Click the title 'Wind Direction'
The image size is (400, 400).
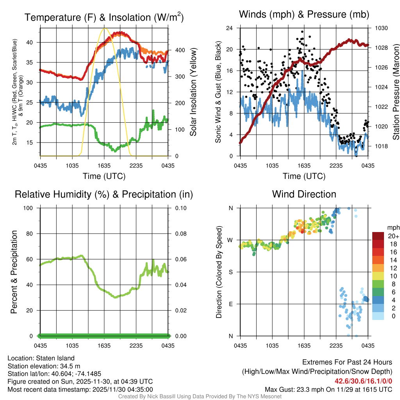(304, 194)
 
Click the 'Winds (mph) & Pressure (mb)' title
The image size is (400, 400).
(304, 15)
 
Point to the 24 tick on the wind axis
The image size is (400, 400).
(230, 28)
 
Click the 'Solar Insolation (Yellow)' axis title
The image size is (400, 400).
(193, 92)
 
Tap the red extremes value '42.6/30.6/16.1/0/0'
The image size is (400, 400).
(363, 381)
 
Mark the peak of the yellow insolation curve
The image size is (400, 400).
(104, 29)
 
